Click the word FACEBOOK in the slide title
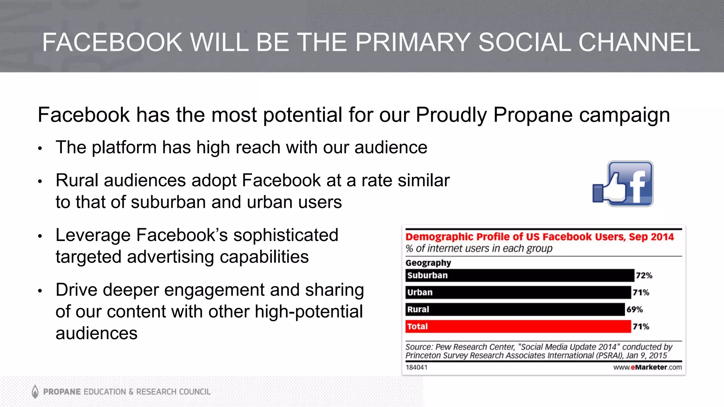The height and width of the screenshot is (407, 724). (112, 42)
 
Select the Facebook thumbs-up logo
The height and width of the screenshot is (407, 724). (623, 184)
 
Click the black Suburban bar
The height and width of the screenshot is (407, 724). (520, 276)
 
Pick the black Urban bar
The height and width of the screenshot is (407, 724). (518, 293)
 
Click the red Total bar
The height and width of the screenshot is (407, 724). (518, 326)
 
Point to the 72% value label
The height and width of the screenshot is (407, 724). (644, 276)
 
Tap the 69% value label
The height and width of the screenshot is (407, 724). (635, 309)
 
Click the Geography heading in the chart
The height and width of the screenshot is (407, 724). (428, 263)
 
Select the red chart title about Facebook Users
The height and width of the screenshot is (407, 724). (539, 237)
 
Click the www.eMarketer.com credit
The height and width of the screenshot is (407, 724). (647, 367)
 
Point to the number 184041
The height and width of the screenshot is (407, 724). (416, 367)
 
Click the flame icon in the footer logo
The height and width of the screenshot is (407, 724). (35, 391)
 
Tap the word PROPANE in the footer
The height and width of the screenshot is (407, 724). (62, 392)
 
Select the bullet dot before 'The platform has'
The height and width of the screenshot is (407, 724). (40, 148)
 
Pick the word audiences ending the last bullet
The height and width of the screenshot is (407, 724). (97, 334)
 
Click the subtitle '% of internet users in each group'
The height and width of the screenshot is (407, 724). (479, 249)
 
